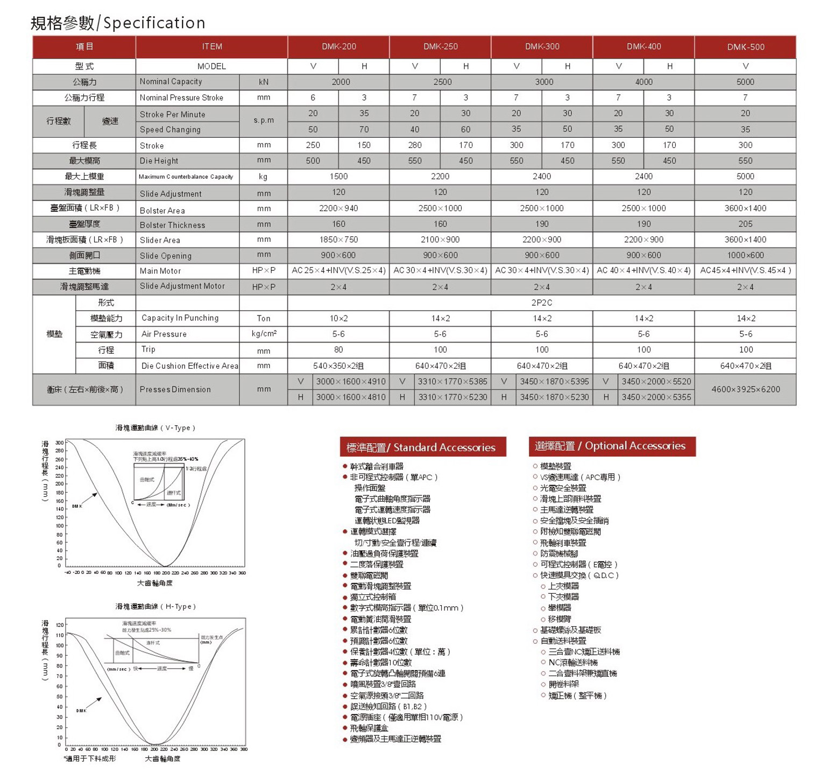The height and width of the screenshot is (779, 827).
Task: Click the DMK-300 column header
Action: (x=542, y=47)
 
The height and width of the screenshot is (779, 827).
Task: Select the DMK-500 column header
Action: (x=745, y=47)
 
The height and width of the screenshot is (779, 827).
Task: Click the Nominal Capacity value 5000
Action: (x=745, y=82)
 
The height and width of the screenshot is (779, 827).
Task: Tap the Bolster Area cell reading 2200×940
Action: (x=338, y=208)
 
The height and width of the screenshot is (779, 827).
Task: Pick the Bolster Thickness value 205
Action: (x=745, y=224)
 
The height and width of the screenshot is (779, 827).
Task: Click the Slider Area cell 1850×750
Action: (x=338, y=240)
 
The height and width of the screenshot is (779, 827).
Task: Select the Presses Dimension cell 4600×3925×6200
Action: (x=745, y=389)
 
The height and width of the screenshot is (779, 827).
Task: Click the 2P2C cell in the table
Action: (x=541, y=303)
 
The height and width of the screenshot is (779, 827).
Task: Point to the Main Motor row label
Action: (x=160, y=271)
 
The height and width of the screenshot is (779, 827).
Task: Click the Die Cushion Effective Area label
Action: (x=189, y=366)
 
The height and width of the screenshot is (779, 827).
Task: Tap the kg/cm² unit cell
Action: (x=264, y=334)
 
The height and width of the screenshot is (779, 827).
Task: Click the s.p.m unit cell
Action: (x=264, y=121)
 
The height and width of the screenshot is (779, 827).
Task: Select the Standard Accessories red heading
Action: (x=423, y=447)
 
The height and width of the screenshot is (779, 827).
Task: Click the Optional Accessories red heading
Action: (x=612, y=446)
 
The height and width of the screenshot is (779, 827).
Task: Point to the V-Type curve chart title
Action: (x=155, y=428)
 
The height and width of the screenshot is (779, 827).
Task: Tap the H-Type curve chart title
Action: (x=155, y=607)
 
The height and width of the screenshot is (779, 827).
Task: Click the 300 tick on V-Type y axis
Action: (x=59, y=443)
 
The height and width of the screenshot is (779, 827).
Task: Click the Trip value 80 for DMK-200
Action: (x=338, y=350)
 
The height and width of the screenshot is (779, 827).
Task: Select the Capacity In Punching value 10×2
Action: (x=338, y=318)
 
